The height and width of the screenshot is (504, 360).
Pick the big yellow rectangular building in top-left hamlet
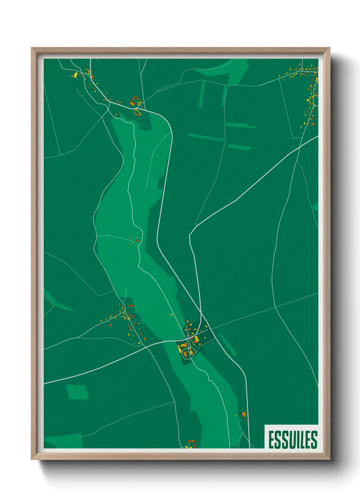(x=76, y=75)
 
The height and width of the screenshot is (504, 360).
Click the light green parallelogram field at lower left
(x=77, y=392)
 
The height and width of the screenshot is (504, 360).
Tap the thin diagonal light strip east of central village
(x=228, y=345)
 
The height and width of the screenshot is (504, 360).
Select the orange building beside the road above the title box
(x=244, y=414)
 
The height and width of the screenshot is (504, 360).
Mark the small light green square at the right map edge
(x=315, y=207)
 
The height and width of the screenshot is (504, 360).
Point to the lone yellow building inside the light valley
(x=171, y=315)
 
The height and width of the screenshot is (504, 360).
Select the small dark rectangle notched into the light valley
(x=160, y=183)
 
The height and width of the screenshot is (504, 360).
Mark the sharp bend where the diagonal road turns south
(x=190, y=235)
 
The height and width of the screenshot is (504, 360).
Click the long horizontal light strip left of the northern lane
(x=206, y=137)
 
